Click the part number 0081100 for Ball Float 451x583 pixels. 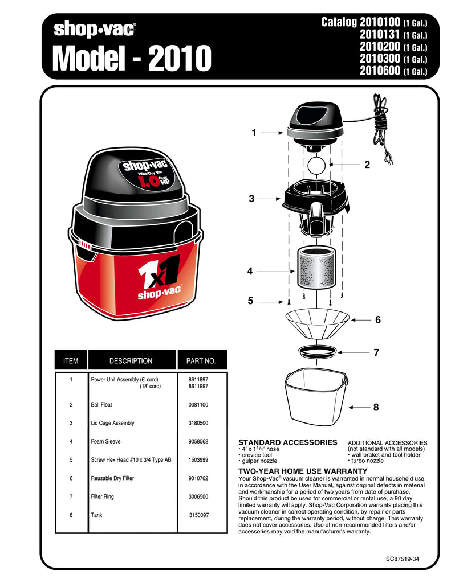click(198, 405)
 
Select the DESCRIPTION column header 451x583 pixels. click(131, 361)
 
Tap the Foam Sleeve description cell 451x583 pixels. click(105, 441)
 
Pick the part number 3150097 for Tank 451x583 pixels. click(198, 515)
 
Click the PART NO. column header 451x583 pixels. click(201, 361)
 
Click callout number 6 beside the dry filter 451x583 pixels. click(377, 321)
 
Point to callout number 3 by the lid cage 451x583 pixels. click(251, 199)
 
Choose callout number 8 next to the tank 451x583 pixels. click(376, 408)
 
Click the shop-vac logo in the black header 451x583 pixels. click(95, 28)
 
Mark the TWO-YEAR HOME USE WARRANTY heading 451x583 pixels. click(302, 471)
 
